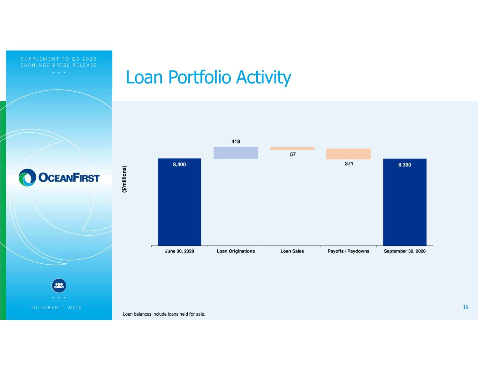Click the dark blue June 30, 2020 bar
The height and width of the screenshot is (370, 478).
180,202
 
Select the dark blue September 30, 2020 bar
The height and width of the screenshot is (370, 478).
405,202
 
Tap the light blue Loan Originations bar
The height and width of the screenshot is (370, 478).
236,153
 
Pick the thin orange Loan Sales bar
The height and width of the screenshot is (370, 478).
292,148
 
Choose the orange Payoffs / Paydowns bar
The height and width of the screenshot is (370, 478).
348,154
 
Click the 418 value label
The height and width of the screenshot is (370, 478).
236,141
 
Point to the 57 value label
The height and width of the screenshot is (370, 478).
293,154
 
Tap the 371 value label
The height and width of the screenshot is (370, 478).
349,164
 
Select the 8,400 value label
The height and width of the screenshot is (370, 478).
180,164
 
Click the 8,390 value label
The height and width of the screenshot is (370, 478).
405,165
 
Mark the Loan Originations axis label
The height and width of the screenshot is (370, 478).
236,251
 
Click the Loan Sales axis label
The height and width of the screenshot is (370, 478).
292,251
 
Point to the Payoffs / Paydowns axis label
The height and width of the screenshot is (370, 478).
348,251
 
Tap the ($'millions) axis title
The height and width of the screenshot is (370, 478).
124,179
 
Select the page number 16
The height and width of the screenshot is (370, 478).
466,307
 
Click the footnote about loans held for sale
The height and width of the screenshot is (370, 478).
164,314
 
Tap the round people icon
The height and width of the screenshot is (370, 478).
59,285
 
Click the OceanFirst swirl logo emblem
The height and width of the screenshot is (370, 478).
27,177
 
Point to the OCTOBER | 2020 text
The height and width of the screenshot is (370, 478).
57,308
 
